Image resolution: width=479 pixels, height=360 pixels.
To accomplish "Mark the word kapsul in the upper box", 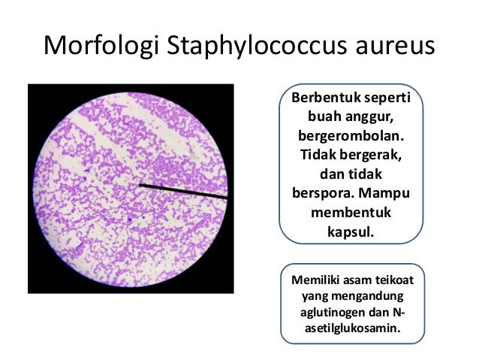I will (350, 234).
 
